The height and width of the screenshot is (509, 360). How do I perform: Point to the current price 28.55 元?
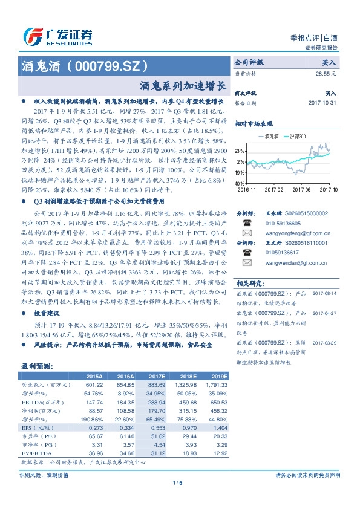coord(326,73)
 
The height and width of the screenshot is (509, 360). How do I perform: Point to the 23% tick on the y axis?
coord(240,151)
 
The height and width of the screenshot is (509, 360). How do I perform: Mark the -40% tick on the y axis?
coord(239,183)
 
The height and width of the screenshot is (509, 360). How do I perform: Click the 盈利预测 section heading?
coord(37,366)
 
